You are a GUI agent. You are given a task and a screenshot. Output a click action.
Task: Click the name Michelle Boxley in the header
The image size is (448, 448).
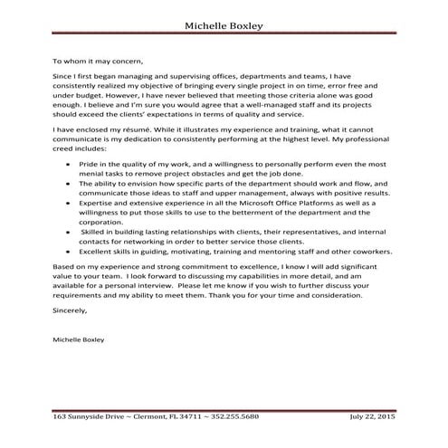224,26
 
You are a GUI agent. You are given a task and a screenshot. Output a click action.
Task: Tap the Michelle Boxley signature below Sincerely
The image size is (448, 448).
79,340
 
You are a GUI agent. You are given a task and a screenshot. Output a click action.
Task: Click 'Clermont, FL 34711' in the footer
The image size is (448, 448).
170,417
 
